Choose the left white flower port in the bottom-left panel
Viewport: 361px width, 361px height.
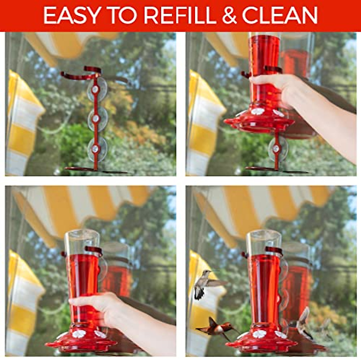point(79,333)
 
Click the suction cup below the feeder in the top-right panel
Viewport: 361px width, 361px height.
point(276,149)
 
